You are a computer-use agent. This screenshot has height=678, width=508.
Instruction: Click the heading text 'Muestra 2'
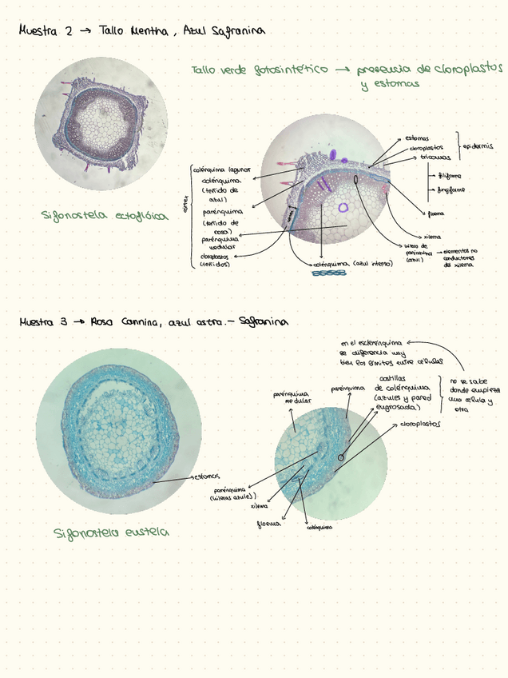(46, 31)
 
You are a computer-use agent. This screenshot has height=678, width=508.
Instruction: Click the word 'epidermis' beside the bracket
(478, 146)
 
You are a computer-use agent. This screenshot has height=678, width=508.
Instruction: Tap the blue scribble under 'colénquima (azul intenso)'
(328, 273)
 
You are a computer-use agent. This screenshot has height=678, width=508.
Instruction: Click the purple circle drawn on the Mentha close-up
(343, 207)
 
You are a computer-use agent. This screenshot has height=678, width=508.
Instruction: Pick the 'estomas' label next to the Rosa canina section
(206, 477)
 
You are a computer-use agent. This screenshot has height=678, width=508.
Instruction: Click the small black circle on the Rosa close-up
(342, 457)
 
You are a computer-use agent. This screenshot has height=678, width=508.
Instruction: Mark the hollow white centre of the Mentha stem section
(101, 122)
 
